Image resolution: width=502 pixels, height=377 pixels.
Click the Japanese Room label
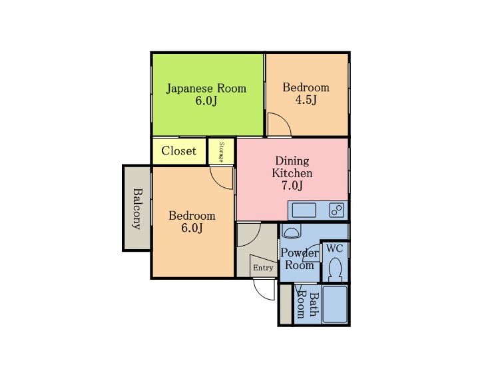coord(206,89)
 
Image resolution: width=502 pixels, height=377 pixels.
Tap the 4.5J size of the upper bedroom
coord(306,101)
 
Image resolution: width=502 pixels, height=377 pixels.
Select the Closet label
coord(178,151)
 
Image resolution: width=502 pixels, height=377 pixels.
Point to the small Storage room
coord(221,151)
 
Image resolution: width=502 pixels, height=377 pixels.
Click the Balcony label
coord(137,208)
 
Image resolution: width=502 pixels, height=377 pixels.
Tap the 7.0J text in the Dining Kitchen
coord(292,185)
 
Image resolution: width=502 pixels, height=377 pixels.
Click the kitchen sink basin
coord(304,210)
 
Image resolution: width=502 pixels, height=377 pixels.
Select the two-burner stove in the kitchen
coord(336,210)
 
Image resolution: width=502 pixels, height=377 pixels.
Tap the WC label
coord(334,248)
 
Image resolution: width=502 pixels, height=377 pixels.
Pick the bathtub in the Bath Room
coord(335,304)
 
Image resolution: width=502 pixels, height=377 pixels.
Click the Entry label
coord(263,268)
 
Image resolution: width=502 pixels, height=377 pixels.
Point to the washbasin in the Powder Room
coord(291,230)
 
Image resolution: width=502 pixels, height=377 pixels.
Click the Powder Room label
coord(300,259)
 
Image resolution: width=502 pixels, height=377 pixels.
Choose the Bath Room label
coord(307,305)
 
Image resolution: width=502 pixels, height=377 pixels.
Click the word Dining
coord(292,161)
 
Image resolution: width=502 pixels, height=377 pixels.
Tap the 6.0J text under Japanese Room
coord(206,101)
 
